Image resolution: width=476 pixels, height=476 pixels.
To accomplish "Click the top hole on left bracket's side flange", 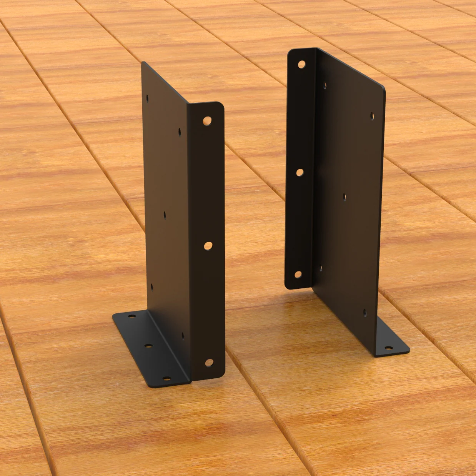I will [x=207, y=121].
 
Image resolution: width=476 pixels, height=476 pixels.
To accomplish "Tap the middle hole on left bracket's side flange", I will [x=208, y=245].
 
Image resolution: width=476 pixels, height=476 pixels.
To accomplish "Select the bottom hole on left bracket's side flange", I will [x=209, y=362].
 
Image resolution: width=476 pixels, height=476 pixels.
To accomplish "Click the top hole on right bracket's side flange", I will [x=301, y=64].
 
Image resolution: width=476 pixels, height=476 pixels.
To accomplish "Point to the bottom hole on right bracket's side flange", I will [x=298, y=275].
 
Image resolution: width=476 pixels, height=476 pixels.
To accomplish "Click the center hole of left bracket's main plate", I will [x=165, y=215].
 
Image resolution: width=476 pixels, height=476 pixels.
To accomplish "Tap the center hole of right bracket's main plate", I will [x=345, y=198].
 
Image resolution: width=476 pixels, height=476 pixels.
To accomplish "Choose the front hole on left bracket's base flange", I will [x=166, y=379].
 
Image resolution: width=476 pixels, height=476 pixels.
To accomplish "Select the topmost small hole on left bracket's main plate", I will [x=148, y=98].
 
